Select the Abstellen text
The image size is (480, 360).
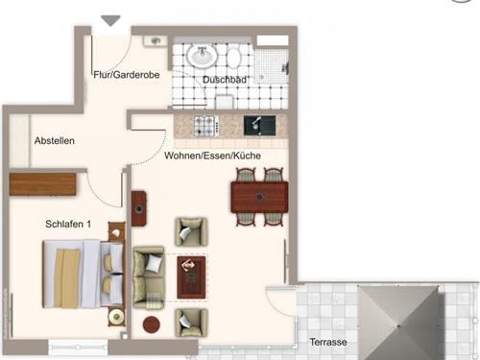(54, 141)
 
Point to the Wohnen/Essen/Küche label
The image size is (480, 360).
(212, 155)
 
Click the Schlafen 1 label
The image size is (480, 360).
(68, 225)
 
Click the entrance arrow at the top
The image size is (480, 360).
(111, 20)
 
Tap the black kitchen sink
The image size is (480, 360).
(258, 125)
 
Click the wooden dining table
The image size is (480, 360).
(259, 197)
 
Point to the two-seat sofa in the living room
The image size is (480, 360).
(150, 273)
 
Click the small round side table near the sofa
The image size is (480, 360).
(151, 324)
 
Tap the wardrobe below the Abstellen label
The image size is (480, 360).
(42, 183)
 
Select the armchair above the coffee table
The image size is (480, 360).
(189, 231)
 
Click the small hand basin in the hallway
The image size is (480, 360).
(155, 41)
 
